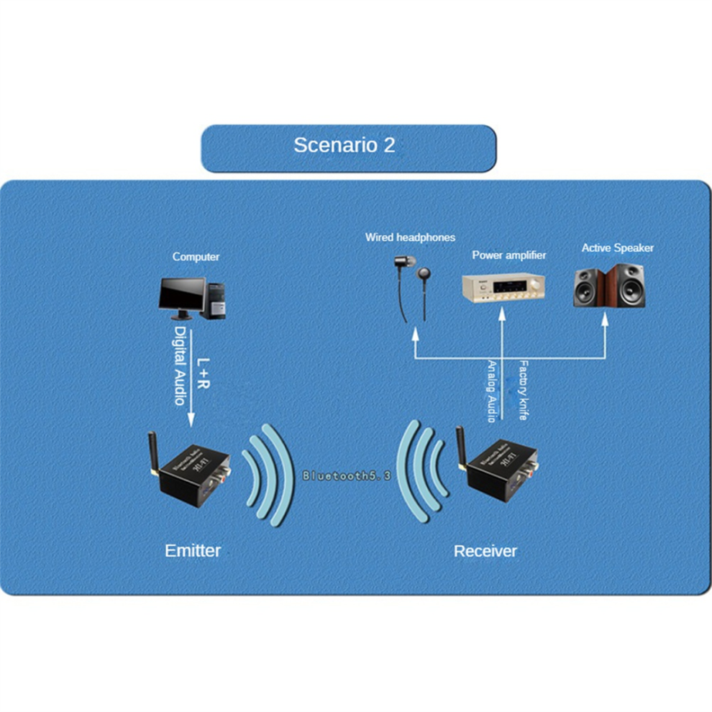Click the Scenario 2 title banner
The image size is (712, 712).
348,147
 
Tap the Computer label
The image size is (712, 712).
196,257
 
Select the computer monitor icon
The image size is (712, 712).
181,296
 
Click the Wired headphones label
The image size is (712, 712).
410,237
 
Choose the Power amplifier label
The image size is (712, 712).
508,255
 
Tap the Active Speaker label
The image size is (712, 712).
618,248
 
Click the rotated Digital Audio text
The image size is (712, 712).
181,365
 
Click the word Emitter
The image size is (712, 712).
193,551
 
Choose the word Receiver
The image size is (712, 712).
485,551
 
